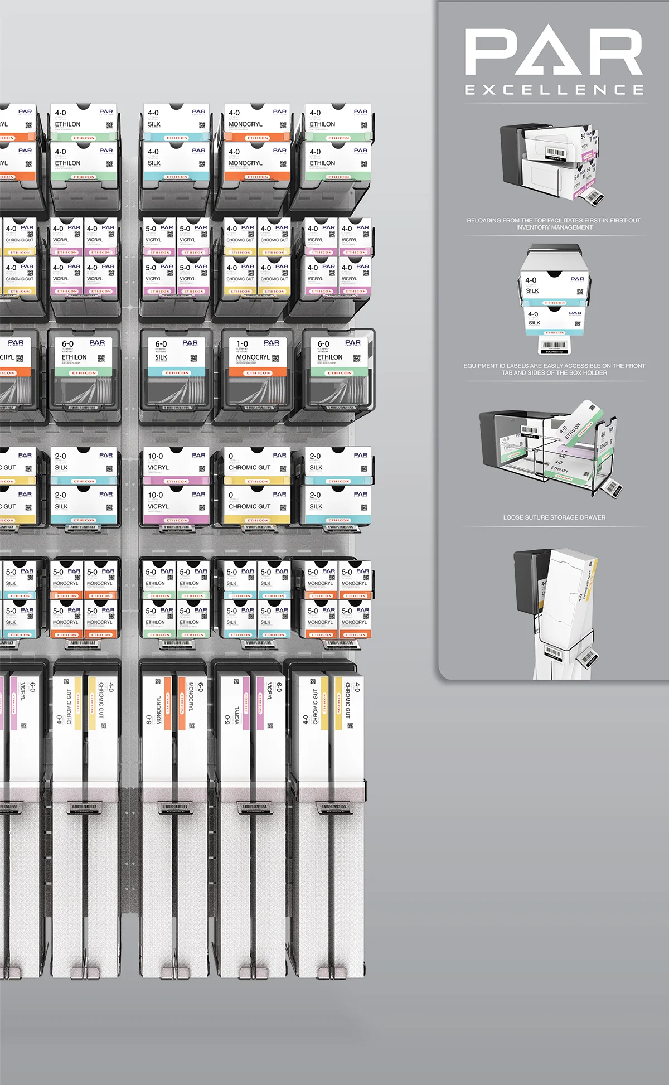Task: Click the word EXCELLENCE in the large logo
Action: click(x=554, y=90)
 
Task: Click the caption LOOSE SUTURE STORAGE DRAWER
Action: click(x=554, y=517)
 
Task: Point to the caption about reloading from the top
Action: click(x=554, y=224)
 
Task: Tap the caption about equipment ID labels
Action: click(x=554, y=369)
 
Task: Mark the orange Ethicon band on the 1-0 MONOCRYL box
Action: click(x=258, y=372)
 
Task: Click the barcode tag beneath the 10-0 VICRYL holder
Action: click(x=176, y=527)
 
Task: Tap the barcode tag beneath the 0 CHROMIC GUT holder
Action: click(x=257, y=527)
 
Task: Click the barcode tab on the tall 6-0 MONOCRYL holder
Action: click(x=176, y=807)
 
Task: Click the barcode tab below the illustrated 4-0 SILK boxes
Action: click(x=554, y=346)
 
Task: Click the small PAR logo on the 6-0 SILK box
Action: click(x=190, y=343)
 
